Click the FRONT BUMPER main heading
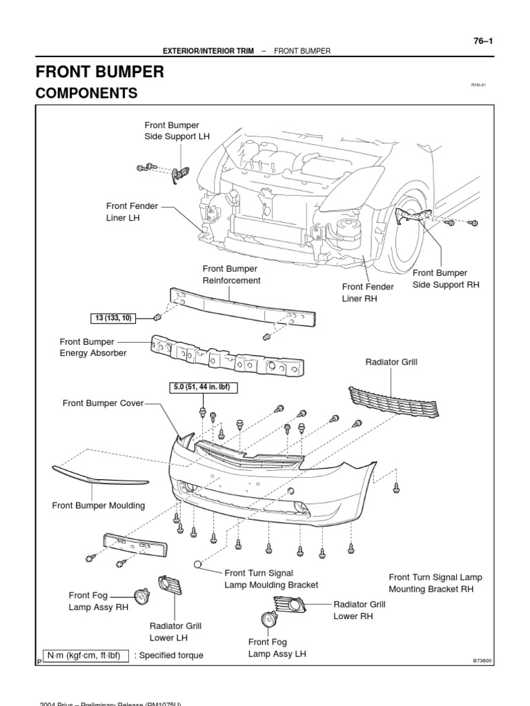click(x=99, y=72)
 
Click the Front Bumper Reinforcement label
click(x=231, y=274)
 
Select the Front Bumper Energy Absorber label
click(x=93, y=347)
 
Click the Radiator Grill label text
click(x=391, y=361)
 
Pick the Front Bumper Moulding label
click(x=99, y=505)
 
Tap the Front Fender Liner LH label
click(x=132, y=211)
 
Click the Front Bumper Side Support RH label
click(x=445, y=279)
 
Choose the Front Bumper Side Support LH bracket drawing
click(x=177, y=174)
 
